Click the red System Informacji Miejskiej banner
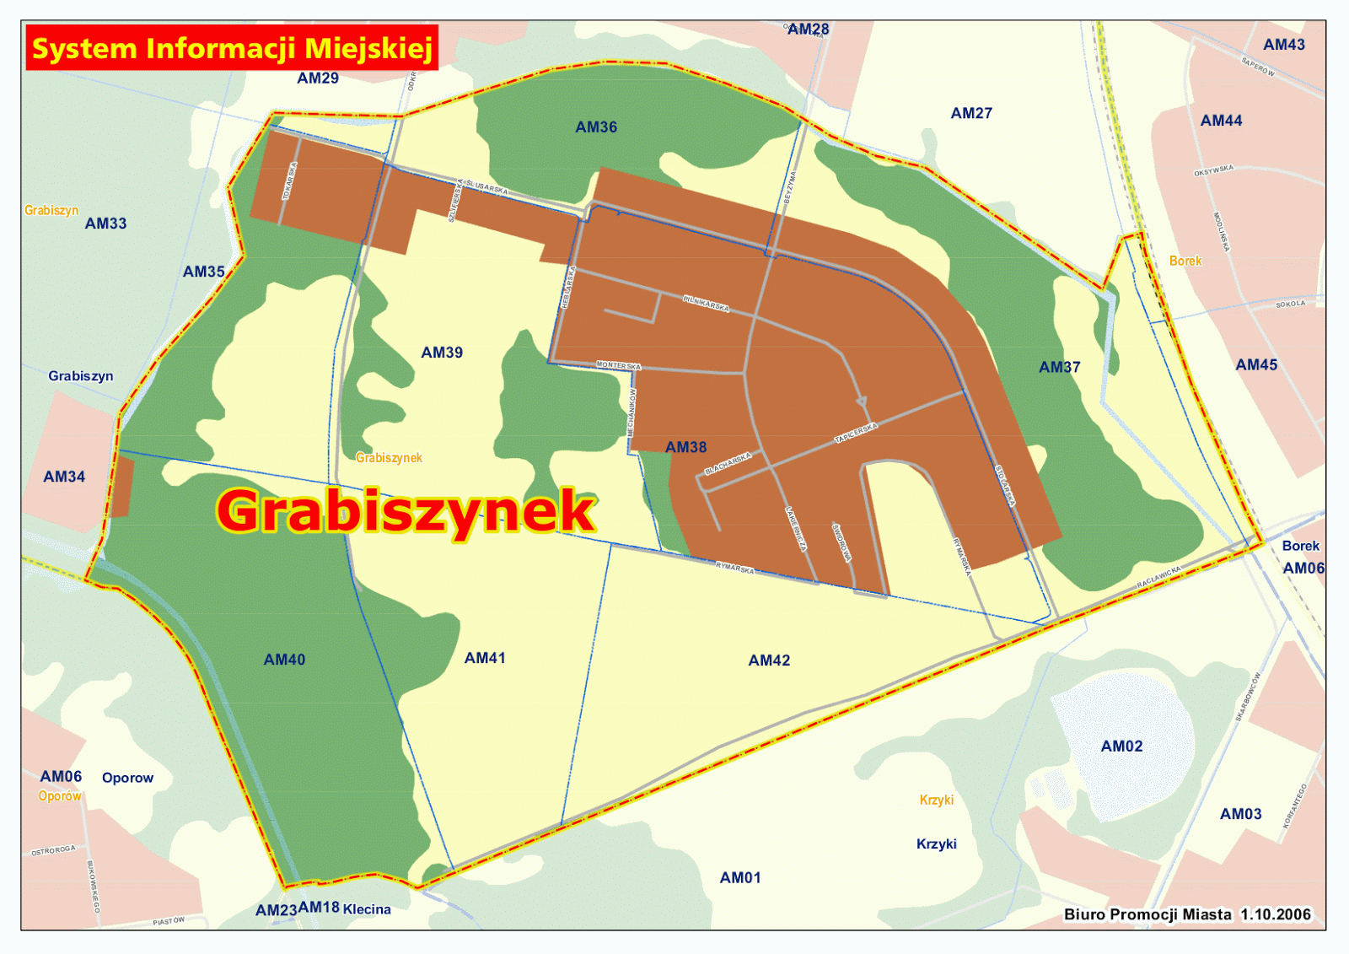pos(232,48)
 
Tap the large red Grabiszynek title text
pos(406,511)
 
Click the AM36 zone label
pos(596,127)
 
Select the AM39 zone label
pos(442,353)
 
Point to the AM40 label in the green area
pos(284,660)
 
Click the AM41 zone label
pos(485,658)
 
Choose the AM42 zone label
pos(769,660)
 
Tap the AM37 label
pos(1059,367)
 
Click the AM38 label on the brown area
pos(685,447)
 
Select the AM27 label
pos(971,113)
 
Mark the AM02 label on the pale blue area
pos(1121,746)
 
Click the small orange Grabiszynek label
pos(389,458)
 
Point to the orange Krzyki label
pos(936,800)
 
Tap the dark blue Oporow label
pos(127,778)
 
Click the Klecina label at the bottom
pos(367,909)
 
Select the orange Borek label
pos(1185,261)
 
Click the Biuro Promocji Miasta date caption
pos(1187,914)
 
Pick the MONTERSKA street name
pos(619,365)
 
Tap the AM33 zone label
pos(105,224)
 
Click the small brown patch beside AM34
pos(121,487)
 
